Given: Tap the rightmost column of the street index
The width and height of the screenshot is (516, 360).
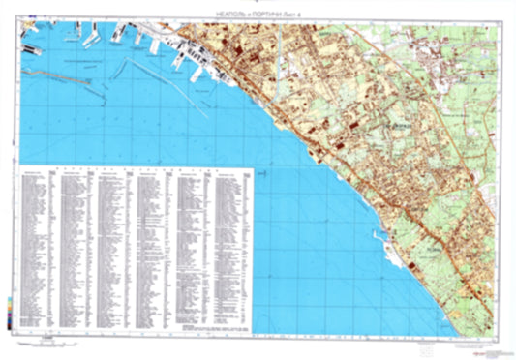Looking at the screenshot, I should coord(232,242).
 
